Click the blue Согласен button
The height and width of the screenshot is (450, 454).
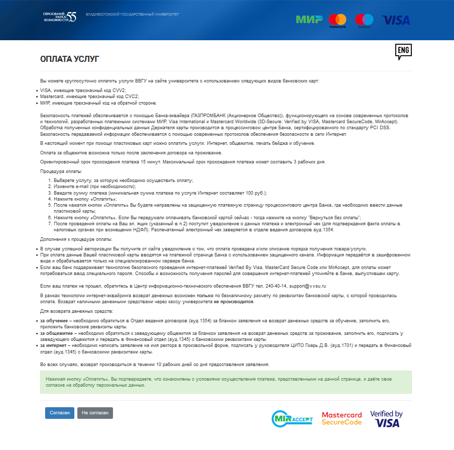[60, 413]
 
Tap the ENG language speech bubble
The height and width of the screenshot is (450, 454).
[403, 51]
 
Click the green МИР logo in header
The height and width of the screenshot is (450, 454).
[309, 20]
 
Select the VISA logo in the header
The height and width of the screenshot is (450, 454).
[396, 20]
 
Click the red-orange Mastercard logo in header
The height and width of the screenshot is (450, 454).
[337, 21]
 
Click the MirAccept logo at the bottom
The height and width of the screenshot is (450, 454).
[292, 418]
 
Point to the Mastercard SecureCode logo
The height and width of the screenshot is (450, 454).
[342, 418]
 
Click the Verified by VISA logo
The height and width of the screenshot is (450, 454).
[386, 418]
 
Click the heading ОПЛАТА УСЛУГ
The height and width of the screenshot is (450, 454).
[69, 59]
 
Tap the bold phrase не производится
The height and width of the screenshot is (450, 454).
[234, 302]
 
